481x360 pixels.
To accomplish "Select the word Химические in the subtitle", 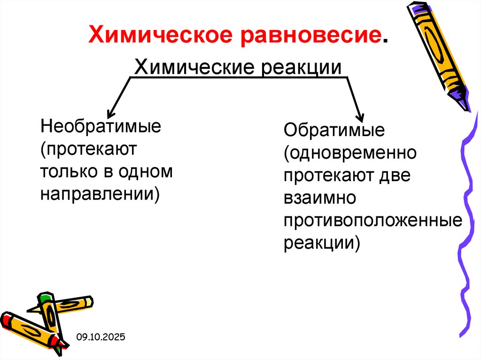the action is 192,66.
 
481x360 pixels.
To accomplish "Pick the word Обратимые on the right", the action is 334,130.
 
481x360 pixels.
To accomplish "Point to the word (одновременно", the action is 350,153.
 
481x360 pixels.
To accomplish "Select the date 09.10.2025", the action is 101,337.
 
